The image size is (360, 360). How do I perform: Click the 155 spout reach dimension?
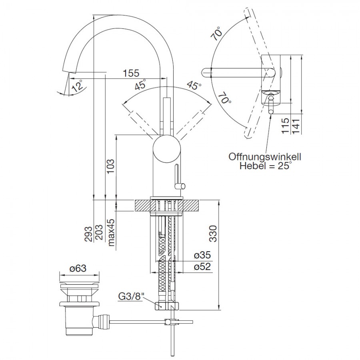(x=131, y=73)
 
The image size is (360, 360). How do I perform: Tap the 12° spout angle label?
(x=77, y=86)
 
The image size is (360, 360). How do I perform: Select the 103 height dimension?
(x=110, y=167)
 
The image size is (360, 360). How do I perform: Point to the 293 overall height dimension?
(x=88, y=234)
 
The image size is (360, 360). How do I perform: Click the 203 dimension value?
(x=99, y=232)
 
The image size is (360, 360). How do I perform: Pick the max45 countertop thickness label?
(x=111, y=232)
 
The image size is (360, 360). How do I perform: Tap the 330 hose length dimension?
(x=213, y=234)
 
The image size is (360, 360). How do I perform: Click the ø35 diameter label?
(x=202, y=255)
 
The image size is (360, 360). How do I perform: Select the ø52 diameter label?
(x=202, y=266)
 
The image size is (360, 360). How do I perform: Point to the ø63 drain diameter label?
(x=78, y=268)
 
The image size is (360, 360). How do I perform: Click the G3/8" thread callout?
(x=130, y=296)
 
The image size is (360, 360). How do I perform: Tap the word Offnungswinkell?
(x=265, y=157)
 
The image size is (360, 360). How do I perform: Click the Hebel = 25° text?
(x=266, y=166)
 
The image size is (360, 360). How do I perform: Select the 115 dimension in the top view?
(x=285, y=126)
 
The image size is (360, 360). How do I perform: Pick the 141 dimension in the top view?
(x=296, y=126)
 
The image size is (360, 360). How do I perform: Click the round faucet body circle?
(x=167, y=149)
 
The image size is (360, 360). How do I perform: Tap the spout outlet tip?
(x=69, y=72)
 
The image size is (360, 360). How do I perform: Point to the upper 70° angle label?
(x=217, y=34)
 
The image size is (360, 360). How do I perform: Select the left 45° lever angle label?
(x=140, y=84)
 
